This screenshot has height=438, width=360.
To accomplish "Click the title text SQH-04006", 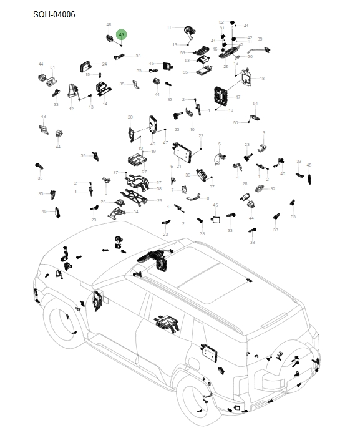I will [54, 14].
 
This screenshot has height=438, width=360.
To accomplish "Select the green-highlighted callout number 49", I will [121, 34].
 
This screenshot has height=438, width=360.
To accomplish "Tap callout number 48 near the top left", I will [109, 25].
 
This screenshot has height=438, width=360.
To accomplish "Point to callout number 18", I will [262, 78].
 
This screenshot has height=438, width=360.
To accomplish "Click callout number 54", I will [255, 103].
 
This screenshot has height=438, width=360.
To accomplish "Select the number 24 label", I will [104, 64].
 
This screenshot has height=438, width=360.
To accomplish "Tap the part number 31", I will [52, 67].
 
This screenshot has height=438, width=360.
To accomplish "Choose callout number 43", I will [43, 117].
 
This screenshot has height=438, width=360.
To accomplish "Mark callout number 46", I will [153, 144].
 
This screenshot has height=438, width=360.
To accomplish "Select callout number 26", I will [159, 200].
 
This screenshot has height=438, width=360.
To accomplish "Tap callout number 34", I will [135, 212].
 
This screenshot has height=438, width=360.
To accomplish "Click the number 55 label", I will [185, 72].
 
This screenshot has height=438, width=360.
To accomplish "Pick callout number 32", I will [273, 188].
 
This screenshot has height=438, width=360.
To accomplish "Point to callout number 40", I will [283, 174].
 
